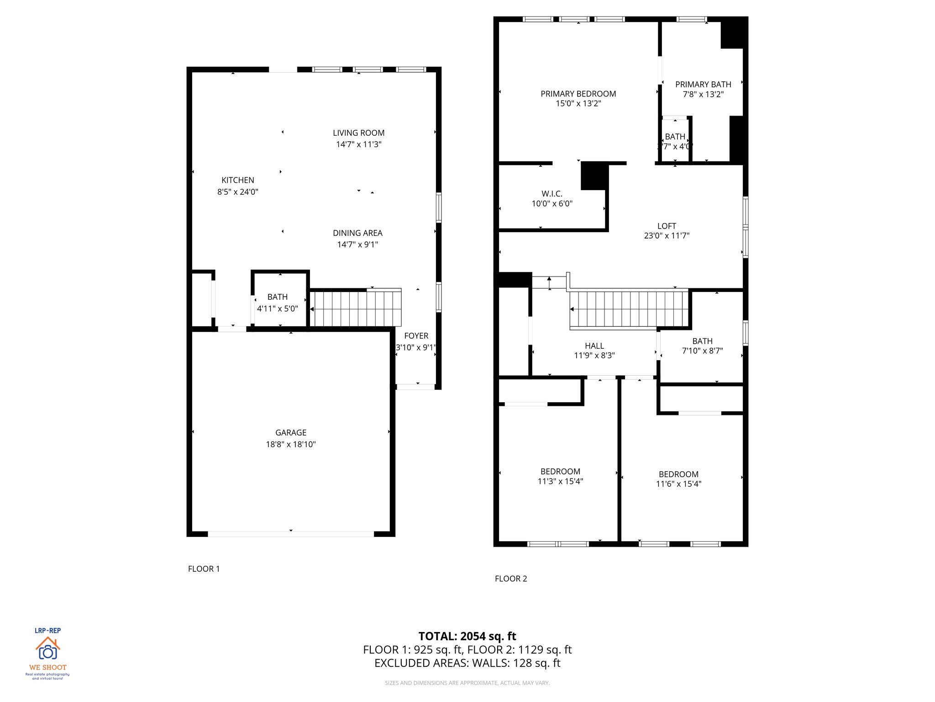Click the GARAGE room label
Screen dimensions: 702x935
291,432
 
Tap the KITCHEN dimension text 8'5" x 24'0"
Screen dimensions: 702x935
237,192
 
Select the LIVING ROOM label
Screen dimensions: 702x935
358,133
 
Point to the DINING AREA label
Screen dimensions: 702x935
357,233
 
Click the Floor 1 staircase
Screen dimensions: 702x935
355,308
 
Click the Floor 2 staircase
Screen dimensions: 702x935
629,309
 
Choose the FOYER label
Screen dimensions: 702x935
416,336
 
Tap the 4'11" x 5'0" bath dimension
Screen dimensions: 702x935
277,308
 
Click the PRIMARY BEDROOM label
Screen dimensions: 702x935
578,94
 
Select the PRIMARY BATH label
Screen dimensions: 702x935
703,85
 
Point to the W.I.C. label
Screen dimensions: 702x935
552,194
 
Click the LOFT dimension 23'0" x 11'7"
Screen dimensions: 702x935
666,236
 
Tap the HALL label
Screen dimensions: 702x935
594,346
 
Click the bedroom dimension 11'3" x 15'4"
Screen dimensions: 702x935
560,481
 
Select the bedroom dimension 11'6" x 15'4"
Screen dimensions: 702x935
678,484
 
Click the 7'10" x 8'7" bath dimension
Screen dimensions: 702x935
702,351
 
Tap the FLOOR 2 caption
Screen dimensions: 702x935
510,579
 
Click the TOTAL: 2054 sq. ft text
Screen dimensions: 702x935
467,636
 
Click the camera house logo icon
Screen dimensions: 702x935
47,648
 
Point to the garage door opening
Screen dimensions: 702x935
291,534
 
